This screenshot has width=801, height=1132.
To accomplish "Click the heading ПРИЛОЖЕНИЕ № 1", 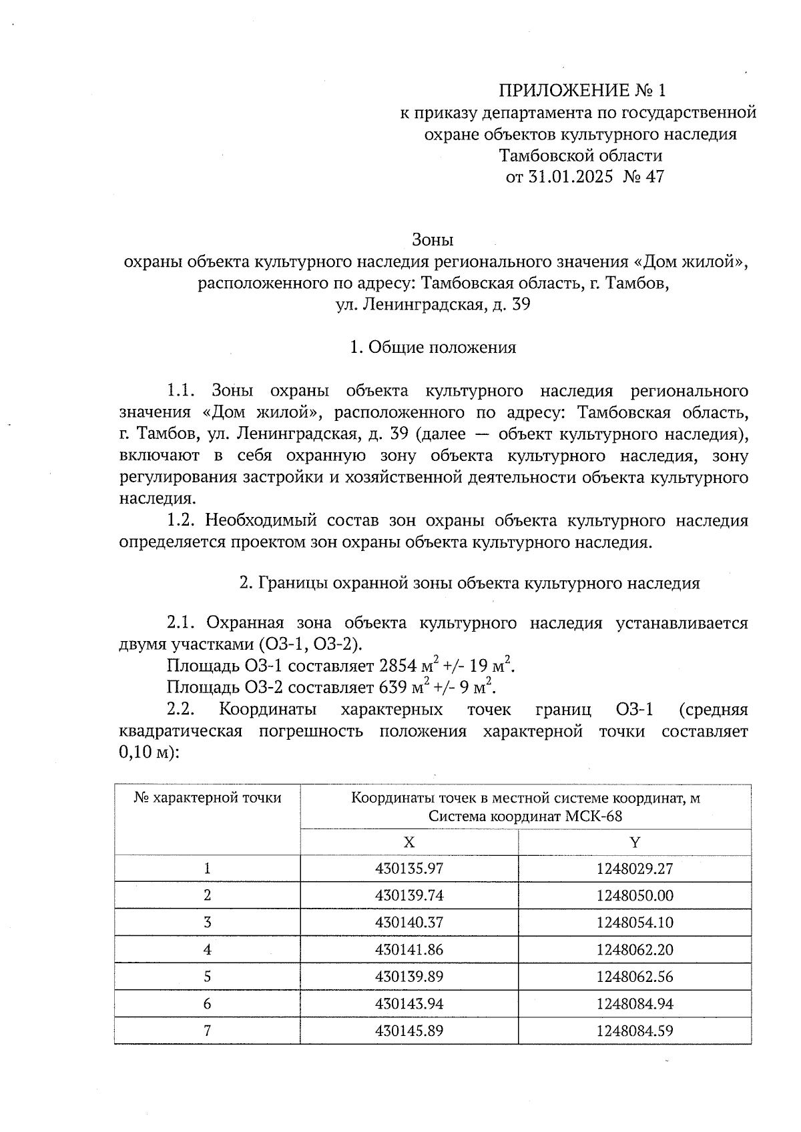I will (583, 90).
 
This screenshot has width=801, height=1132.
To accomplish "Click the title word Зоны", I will (433, 239).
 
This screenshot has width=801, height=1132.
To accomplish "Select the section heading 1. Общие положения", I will (433, 348).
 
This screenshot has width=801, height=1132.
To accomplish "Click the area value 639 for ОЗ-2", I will (392, 687).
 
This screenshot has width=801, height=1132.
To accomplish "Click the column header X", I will (409, 842).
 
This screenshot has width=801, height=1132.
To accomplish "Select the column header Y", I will (635, 842).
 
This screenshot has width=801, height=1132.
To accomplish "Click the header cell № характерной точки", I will (208, 798).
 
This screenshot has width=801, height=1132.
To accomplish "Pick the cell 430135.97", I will (409, 869).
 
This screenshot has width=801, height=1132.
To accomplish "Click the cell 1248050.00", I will (635, 895).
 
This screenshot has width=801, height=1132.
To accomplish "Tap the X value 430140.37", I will (409, 923).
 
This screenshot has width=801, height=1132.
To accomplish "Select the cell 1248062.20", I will (635, 949).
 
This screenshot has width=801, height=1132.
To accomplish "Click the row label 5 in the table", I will (208, 977).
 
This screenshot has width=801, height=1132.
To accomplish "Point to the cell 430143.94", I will (409, 1003).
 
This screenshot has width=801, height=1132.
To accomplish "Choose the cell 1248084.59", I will (635, 1031).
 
